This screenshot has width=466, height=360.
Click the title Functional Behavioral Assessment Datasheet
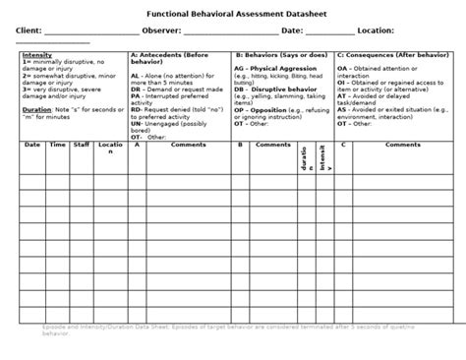(x=232, y=14)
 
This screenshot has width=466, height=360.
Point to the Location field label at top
(x=378, y=30)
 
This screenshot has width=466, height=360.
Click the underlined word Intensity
(x=36, y=55)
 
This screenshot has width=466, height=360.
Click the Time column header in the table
(x=58, y=145)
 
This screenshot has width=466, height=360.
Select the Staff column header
(x=83, y=145)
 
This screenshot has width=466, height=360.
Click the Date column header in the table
(x=32, y=145)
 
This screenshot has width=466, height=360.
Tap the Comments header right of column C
(x=403, y=145)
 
